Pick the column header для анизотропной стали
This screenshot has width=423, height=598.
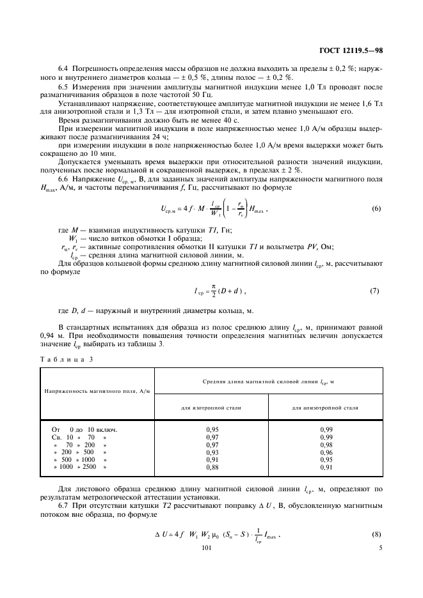click(x=325, y=407)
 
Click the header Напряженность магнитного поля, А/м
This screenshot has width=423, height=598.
click(x=97, y=390)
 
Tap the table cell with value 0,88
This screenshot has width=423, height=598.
click(x=211, y=468)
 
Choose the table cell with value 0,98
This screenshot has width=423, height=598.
click(x=326, y=445)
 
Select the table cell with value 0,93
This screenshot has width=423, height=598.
click(x=211, y=452)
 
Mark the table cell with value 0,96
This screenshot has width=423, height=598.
click(x=326, y=452)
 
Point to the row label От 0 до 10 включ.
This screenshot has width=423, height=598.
click(x=84, y=429)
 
